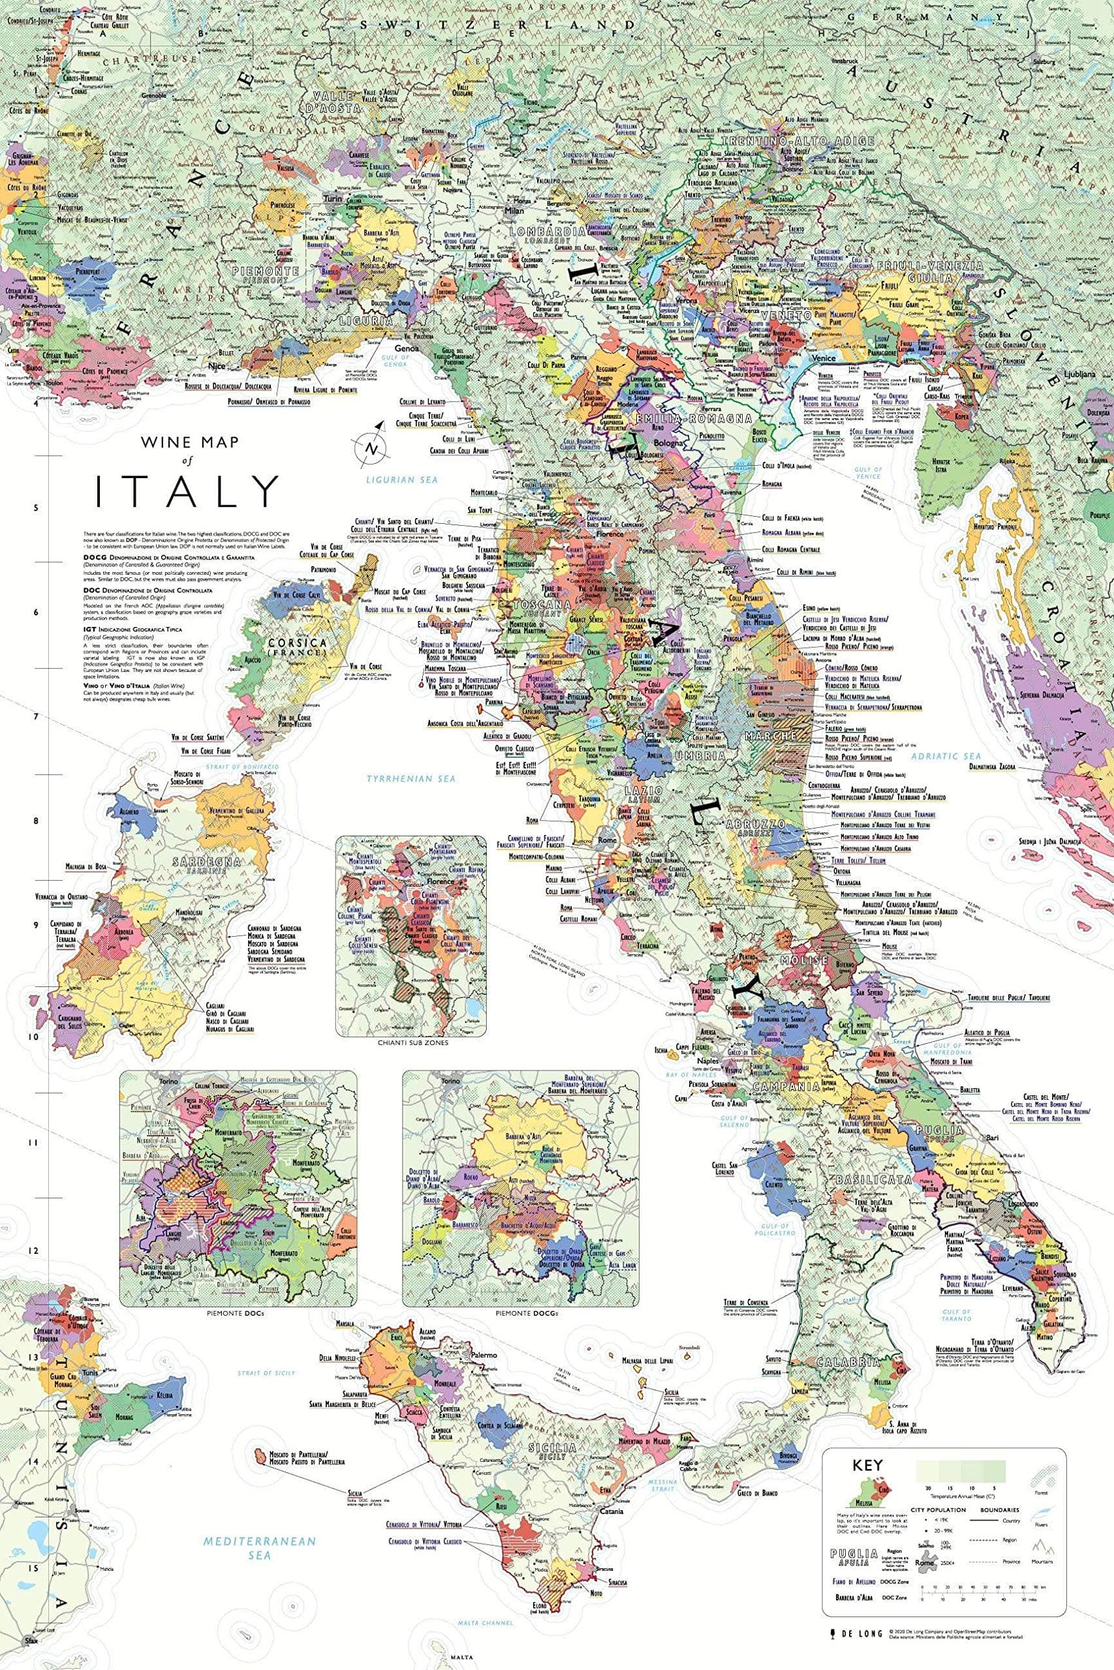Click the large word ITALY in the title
187,491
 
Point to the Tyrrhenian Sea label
410,779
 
